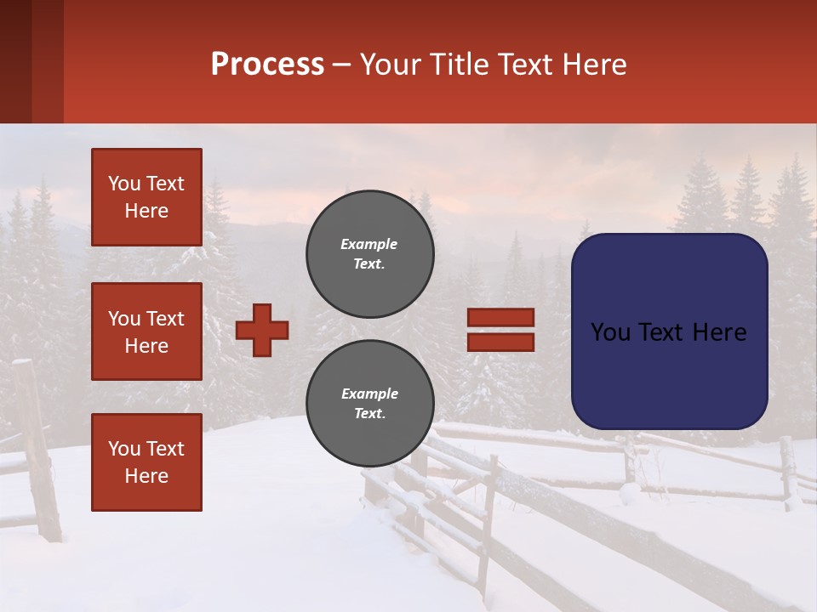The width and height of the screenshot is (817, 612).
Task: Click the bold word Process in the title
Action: (267, 65)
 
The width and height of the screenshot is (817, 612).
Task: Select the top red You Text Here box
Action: (146, 197)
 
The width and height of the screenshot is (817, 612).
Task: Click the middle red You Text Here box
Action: (146, 331)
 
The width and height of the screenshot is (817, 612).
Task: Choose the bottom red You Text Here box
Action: (146, 462)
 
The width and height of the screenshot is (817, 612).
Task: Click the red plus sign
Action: (262, 330)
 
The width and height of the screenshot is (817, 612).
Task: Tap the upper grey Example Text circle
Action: (369, 254)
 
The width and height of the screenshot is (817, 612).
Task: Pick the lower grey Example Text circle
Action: (369, 404)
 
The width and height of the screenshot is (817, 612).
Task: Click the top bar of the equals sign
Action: (500, 318)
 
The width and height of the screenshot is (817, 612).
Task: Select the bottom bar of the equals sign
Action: (500, 343)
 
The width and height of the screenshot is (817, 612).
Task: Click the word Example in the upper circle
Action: (369, 244)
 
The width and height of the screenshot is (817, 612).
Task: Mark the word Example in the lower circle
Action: (369, 394)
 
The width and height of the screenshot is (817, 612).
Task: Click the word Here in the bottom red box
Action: (146, 476)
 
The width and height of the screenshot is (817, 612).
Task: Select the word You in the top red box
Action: (123, 184)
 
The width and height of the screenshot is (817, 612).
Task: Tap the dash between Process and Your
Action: (342, 65)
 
